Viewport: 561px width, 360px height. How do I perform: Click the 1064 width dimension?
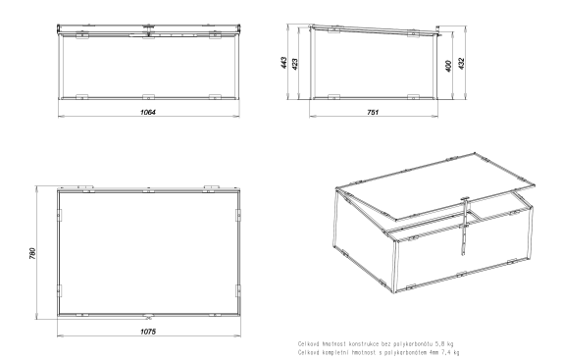[x=148, y=112]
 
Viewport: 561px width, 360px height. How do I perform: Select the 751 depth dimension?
[x=373, y=112]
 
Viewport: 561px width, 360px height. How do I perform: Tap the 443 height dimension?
[x=283, y=63]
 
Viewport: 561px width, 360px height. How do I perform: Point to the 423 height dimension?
[x=295, y=64]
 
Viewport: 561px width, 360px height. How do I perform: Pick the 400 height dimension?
[x=448, y=66]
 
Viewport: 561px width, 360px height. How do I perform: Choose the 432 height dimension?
[x=461, y=64]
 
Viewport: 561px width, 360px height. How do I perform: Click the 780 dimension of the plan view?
[x=32, y=253]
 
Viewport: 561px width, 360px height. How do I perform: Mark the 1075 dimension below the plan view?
[x=148, y=332]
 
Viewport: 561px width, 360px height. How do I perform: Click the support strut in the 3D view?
[x=465, y=227]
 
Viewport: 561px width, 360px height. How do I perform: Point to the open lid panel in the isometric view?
[x=435, y=186]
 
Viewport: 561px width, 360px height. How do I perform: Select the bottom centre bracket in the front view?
[x=148, y=97]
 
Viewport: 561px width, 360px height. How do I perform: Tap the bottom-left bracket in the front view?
[x=82, y=97]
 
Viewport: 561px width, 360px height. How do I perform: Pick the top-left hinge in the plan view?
[x=85, y=187]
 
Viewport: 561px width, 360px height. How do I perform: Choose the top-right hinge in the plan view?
[x=212, y=187]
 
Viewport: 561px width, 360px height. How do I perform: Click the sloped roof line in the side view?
[x=375, y=29]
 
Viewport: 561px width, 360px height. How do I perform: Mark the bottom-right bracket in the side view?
[x=413, y=97]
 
